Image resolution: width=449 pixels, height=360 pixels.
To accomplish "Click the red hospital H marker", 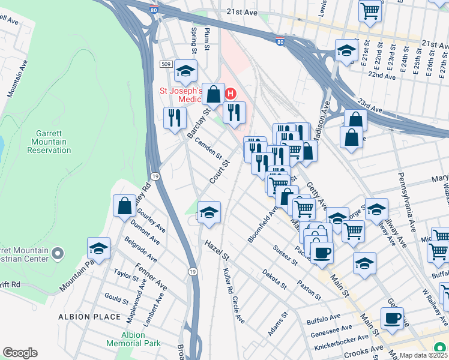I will coord(230,94).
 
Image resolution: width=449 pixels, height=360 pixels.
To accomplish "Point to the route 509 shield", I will coord(166,64).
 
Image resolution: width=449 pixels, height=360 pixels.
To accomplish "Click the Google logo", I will coord(20,353).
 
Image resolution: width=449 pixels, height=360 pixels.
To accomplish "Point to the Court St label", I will coord(220,172).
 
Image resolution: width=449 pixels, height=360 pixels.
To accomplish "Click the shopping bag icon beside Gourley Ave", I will coord(125,206).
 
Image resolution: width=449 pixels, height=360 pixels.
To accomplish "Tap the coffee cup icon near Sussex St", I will coord(322,252).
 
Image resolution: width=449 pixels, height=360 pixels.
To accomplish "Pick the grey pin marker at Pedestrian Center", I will coord(58,253).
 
